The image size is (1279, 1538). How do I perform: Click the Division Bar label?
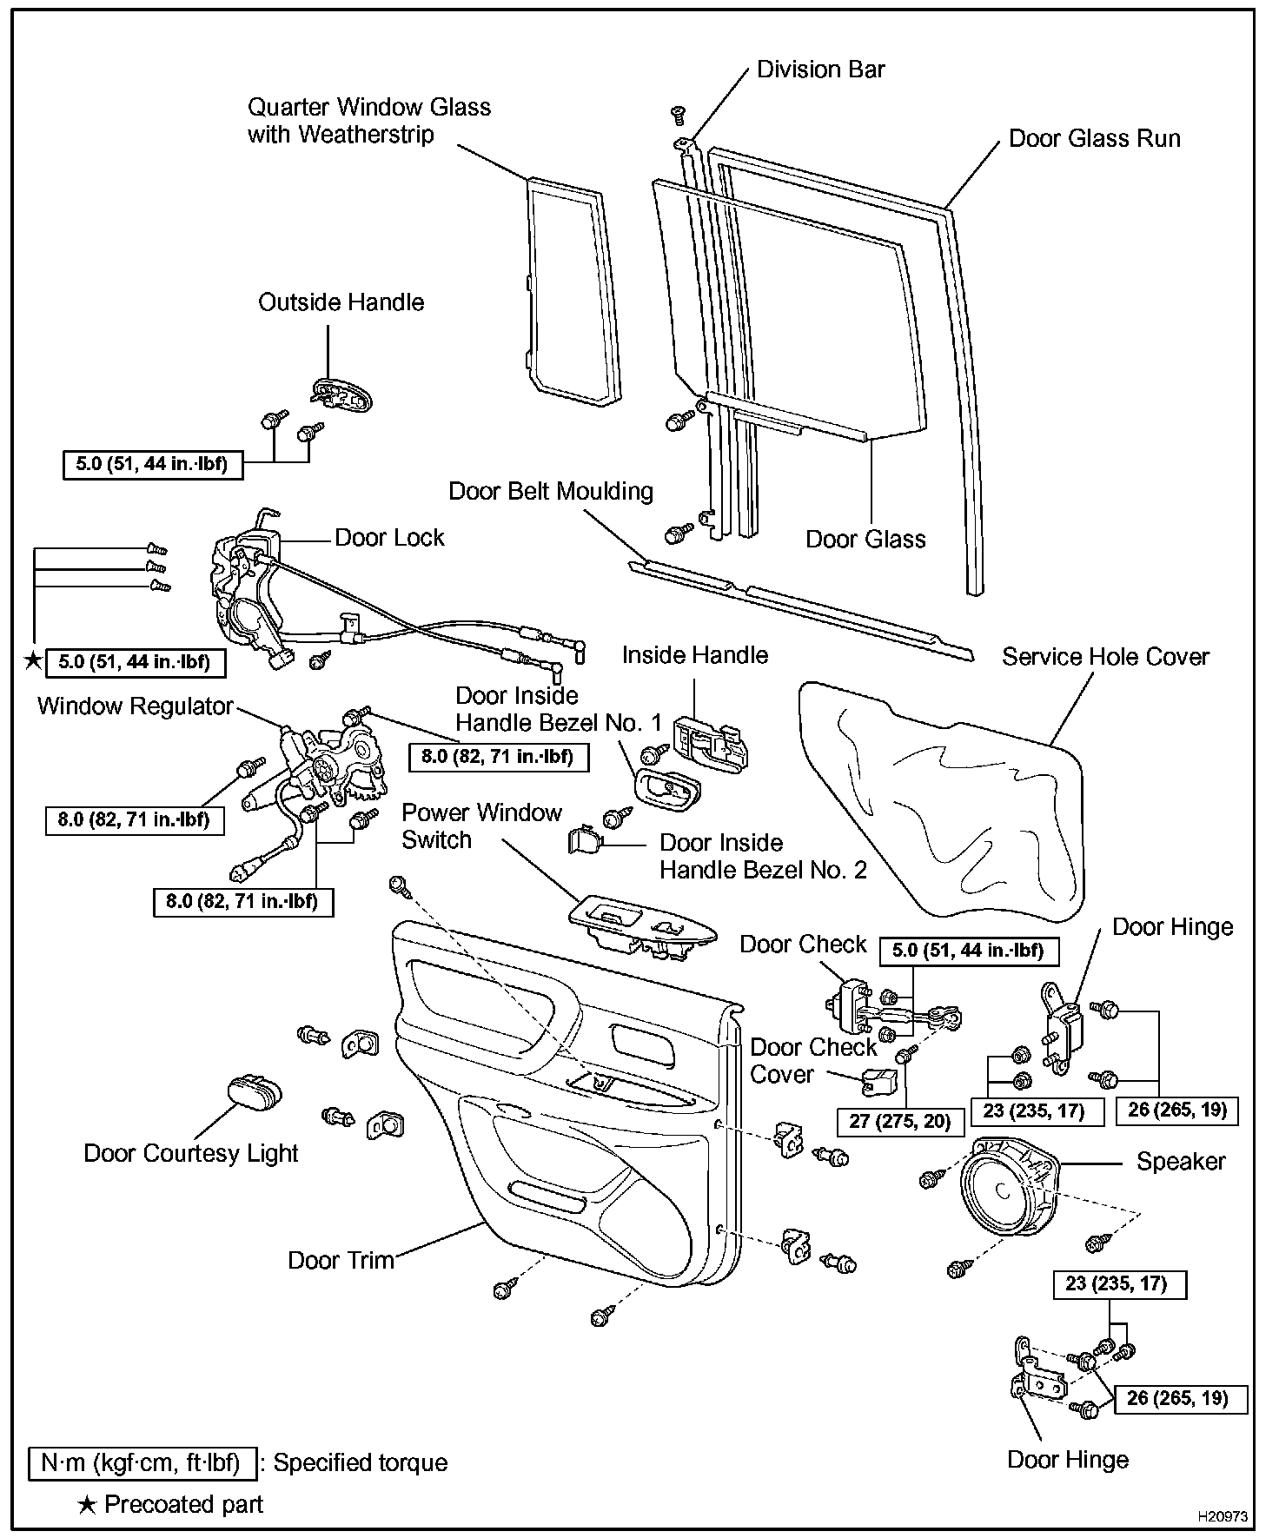[820, 70]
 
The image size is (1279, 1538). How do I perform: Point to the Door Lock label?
[389, 538]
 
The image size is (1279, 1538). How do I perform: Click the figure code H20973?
[1223, 1517]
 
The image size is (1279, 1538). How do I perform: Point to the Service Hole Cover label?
[1105, 657]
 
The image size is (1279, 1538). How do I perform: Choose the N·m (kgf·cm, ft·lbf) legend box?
[142, 1463]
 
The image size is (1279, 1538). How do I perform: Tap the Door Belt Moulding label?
[551, 492]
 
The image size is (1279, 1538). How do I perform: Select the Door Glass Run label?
[1094, 139]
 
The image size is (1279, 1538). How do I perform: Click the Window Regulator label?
[135, 706]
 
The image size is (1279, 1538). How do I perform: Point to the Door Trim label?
[341, 1260]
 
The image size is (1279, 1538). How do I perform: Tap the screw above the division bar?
[679, 115]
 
